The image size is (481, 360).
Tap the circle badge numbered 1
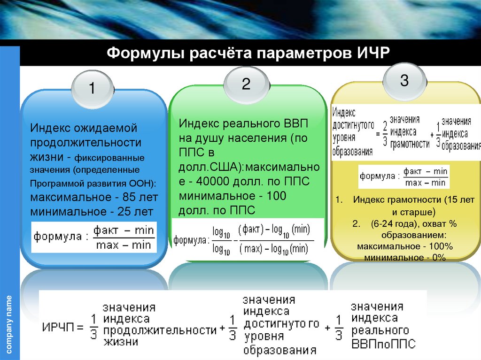click(x=92, y=88)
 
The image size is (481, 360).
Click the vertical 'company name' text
click(x=9, y=324)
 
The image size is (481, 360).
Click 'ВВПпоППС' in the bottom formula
click(x=384, y=344)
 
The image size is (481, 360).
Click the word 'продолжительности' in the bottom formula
click(x=160, y=330)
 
